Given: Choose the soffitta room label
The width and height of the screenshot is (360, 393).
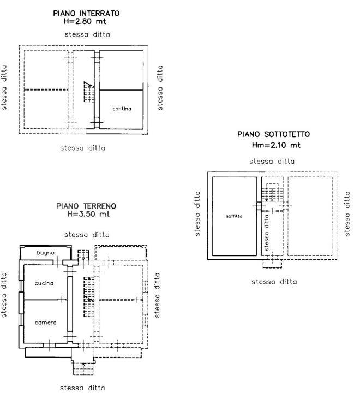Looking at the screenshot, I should point(233,216).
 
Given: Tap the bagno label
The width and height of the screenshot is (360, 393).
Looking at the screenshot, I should point(45,253).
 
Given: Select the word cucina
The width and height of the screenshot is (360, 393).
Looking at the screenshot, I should point(45,283).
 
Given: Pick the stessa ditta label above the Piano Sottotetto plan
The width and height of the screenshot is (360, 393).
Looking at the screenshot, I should point(272,162).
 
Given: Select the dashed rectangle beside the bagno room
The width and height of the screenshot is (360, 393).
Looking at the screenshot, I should point(119,252).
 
